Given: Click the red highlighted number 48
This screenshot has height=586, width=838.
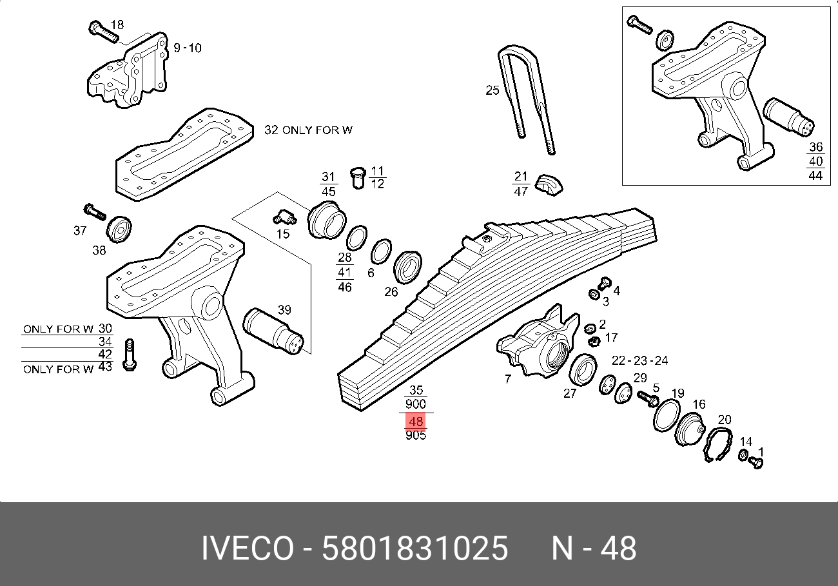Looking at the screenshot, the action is [416, 422].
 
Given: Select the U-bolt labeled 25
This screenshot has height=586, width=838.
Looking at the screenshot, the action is [525, 97].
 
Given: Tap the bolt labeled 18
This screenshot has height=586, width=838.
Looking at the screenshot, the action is [100, 31].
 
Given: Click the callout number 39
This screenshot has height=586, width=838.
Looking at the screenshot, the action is [284, 310].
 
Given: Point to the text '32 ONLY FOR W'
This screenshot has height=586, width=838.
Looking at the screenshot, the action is [308, 130].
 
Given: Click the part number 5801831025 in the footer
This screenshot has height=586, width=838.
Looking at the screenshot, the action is [415, 549].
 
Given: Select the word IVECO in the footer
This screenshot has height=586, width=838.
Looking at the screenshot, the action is [248, 549].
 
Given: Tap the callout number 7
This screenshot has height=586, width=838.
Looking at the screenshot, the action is [508, 379].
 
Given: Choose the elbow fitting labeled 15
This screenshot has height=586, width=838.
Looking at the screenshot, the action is [282, 217].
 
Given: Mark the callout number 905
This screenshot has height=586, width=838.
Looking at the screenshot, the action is [416, 436].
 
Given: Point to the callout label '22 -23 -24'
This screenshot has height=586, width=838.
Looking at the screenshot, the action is [639, 360].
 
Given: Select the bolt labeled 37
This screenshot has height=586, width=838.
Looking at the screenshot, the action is [94, 211].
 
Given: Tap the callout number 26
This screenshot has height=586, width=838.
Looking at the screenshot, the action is [391, 291].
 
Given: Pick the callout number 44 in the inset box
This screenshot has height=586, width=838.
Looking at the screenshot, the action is [815, 175].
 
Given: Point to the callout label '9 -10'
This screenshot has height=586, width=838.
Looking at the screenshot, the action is [188, 48].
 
